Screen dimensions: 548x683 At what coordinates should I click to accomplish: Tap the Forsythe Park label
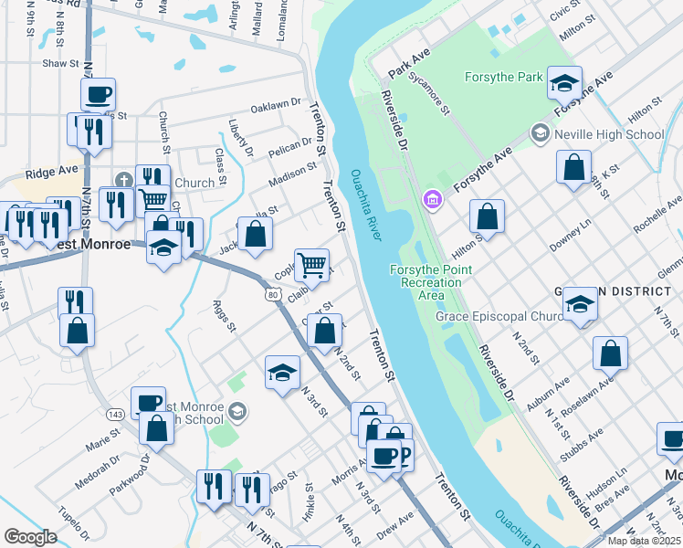[x=504, y=77]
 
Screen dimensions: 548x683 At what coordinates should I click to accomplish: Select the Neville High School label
[x=608, y=134]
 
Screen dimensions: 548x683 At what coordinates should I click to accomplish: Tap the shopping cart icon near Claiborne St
[x=312, y=265]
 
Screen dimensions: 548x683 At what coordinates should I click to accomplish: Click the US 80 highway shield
[x=273, y=295]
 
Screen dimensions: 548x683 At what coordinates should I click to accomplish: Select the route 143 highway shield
[x=115, y=414]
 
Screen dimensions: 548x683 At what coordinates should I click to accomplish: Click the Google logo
[x=30, y=537]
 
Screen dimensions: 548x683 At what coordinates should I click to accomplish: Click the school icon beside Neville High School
[x=540, y=134]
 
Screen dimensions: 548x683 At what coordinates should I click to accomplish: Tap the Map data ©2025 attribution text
[x=643, y=540]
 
